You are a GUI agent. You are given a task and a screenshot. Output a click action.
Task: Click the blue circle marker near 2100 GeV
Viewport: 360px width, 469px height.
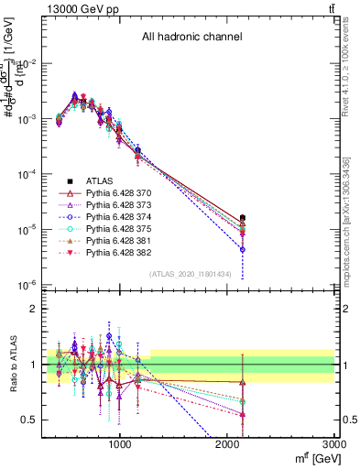coord(243,249)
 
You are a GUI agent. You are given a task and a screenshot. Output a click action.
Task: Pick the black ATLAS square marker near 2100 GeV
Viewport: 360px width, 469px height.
coord(243,218)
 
